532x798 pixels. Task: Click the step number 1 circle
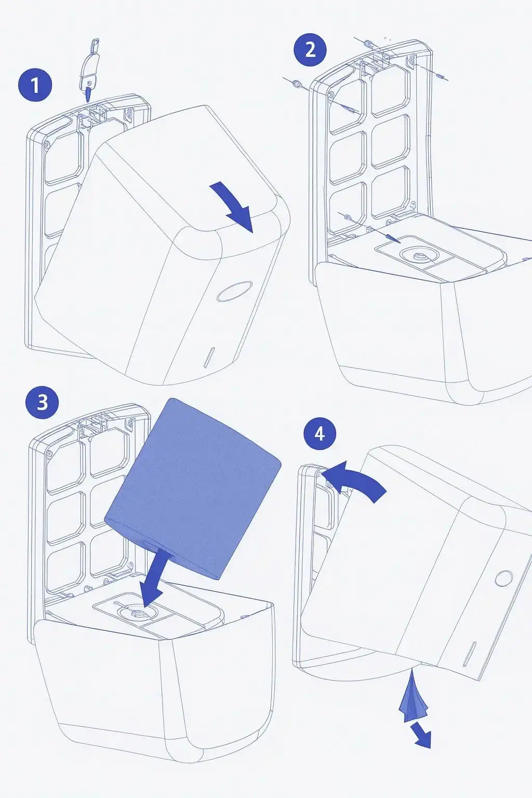[35, 86]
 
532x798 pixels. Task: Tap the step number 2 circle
[310, 50]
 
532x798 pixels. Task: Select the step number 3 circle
[43, 403]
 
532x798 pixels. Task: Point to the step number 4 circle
[320, 434]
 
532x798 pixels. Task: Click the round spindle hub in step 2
[417, 257]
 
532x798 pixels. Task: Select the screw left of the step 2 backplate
[297, 84]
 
